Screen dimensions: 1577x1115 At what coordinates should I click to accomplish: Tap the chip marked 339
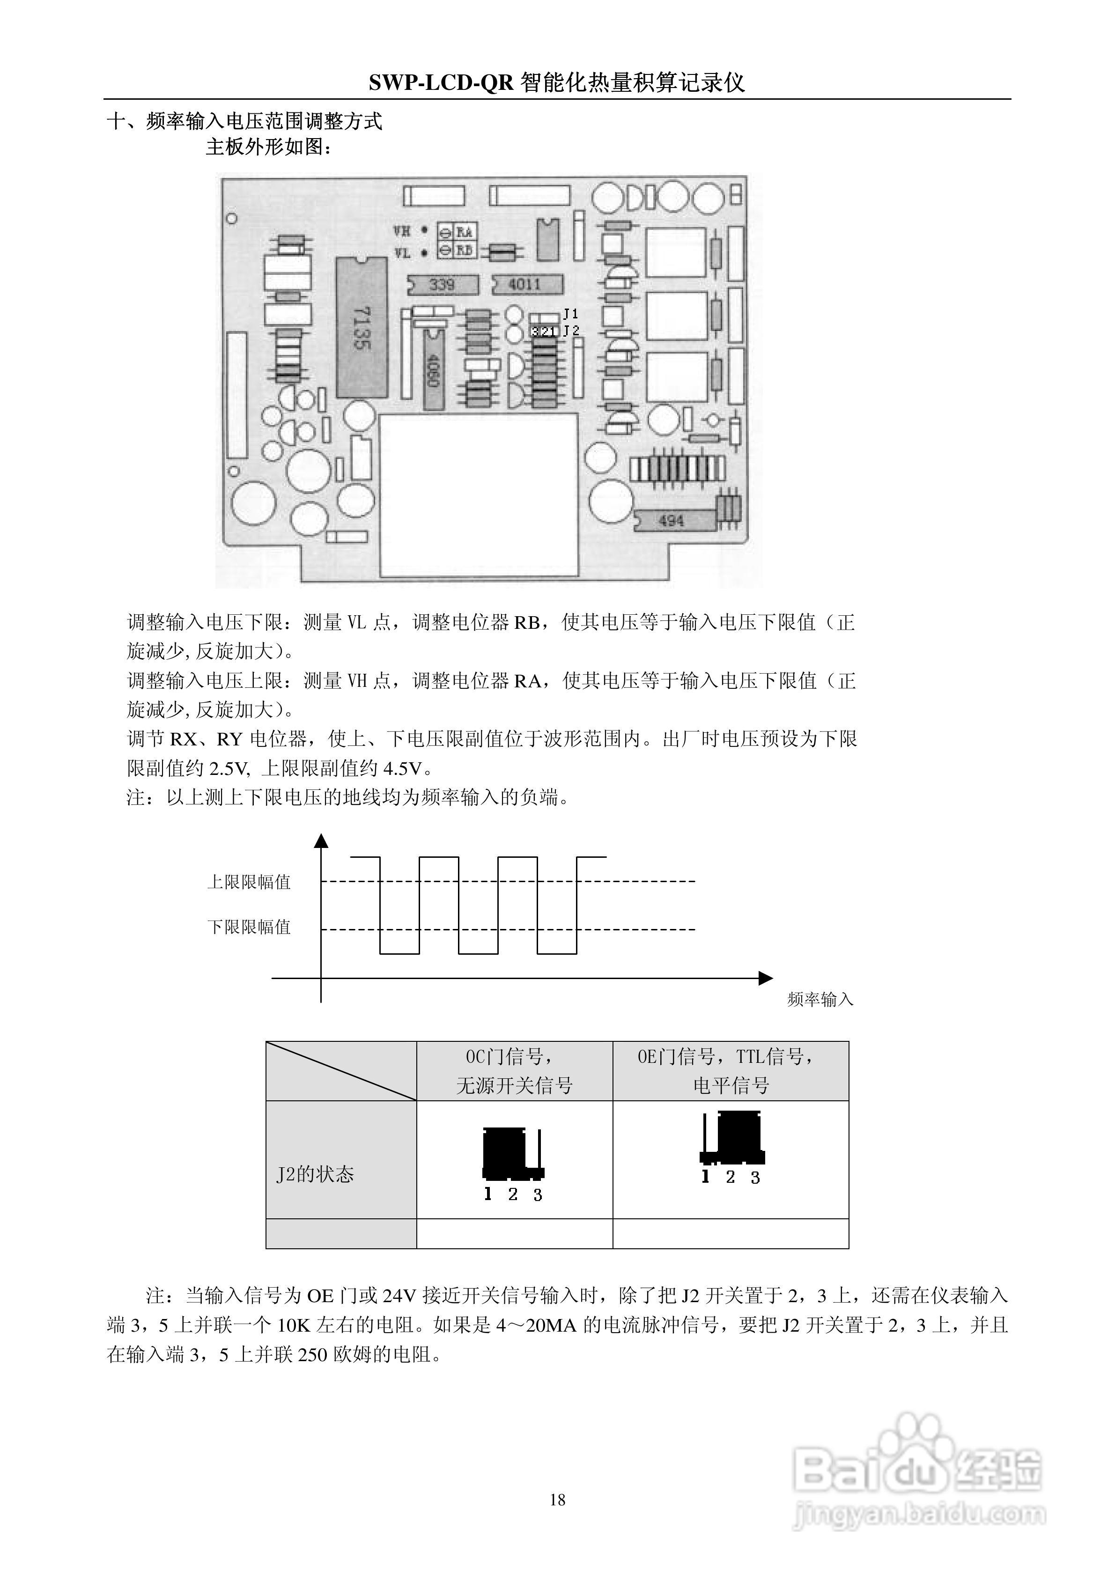coord(442,284)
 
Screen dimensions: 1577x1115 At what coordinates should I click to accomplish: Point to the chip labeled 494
coord(672,521)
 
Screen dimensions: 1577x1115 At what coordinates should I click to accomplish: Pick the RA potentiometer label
coord(465,231)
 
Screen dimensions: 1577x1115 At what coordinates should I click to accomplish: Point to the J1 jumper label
coord(571,314)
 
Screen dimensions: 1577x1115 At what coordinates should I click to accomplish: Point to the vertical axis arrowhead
coord(321,840)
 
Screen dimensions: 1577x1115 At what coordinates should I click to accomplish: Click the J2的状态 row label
coord(315,1174)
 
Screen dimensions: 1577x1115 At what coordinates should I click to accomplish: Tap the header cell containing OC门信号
coord(514,1071)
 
